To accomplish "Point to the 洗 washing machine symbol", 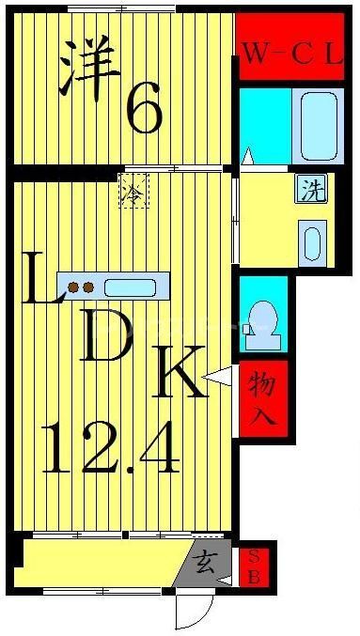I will (309, 189).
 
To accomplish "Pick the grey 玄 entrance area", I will (206, 565).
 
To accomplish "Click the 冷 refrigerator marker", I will (133, 194).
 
